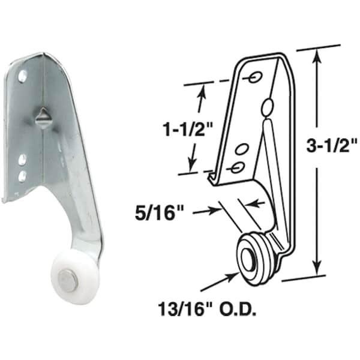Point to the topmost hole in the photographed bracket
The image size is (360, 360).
point(23,77)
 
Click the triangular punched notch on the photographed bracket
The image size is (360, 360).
point(43,117)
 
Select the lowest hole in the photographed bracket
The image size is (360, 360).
point(22,176)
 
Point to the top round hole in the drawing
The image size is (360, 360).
point(254,77)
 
